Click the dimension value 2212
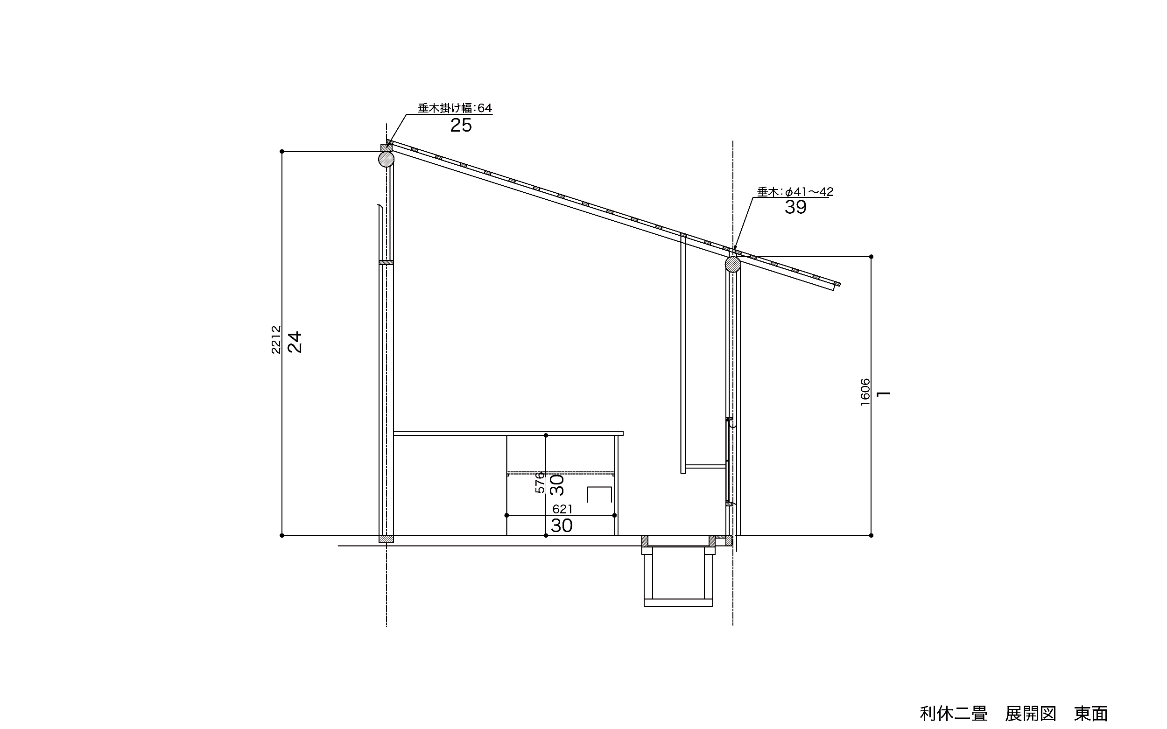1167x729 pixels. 276,339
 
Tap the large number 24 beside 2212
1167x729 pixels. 295,342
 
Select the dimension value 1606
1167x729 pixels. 865,392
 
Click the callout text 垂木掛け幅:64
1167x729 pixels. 455,108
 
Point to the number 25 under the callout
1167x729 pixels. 461,126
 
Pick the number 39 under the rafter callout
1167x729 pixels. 796,207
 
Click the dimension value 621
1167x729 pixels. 562,509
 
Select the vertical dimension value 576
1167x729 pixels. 540,482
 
